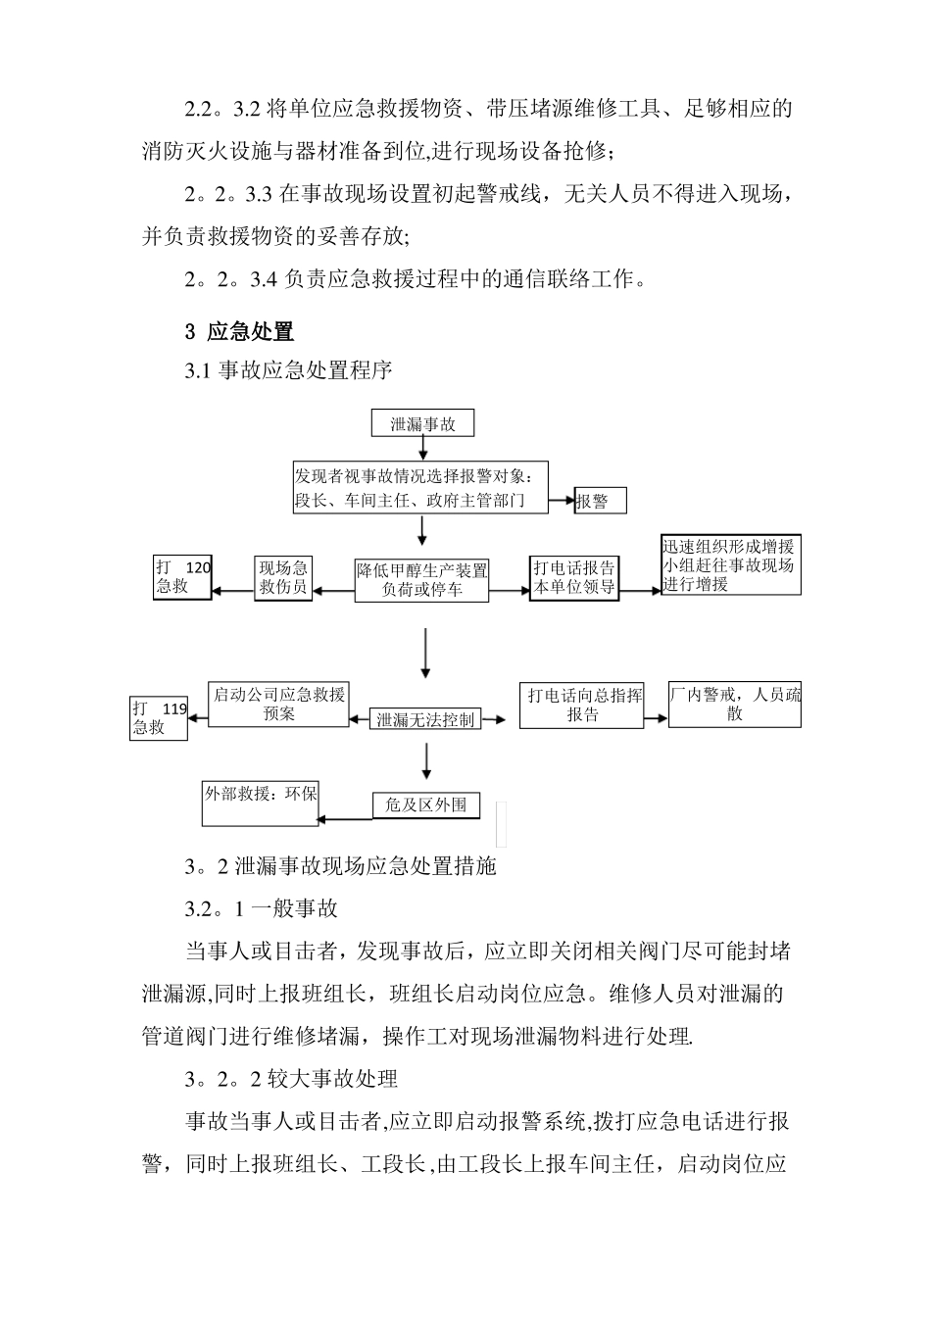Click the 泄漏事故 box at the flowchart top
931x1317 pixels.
click(422, 423)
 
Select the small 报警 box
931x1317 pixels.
click(600, 501)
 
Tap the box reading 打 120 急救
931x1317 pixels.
click(183, 577)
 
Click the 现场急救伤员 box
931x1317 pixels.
click(283, 578)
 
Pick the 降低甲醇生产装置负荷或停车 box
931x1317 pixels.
click(422, 580)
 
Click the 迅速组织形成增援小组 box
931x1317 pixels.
click(731, 565)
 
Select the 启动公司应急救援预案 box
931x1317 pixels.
click(279, 705)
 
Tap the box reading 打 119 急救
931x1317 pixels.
click(159, 718)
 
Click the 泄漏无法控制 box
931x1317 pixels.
click(425, 720)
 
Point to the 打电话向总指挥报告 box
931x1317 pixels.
click(582, 706)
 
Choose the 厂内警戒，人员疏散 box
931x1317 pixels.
click(735, 705)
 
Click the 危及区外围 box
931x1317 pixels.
click(426, 805)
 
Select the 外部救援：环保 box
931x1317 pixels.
click(261, 804)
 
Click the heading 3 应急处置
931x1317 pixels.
click(239, 331)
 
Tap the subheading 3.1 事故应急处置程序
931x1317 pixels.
click(288, 371)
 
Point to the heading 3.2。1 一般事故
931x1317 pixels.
click(262, 908)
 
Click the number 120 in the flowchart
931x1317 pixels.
click(197, 566)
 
